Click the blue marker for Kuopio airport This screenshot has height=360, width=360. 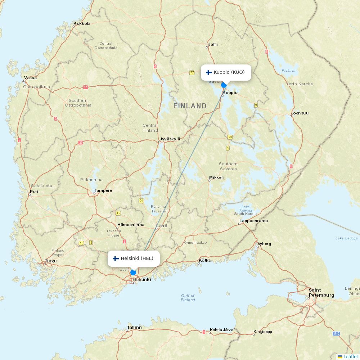[224, 85]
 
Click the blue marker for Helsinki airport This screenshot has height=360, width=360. [133, 273]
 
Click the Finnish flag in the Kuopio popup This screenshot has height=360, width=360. [209, 72]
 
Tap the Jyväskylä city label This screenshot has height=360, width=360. [170, 139]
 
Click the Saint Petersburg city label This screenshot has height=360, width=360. [321, 293]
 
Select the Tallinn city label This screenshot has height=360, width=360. [134, 328]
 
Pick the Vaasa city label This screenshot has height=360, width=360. [30, 78]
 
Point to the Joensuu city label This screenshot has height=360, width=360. [300, 113]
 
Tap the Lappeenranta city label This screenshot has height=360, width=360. [253, 221]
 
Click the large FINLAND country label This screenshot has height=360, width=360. [190, 106]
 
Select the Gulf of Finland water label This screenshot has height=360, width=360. [188, 298]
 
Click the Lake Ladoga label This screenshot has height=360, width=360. [346, 238]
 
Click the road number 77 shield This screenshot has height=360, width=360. [192, 73]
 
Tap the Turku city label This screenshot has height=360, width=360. [51, 261]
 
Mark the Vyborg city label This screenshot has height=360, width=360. [264, 244]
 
